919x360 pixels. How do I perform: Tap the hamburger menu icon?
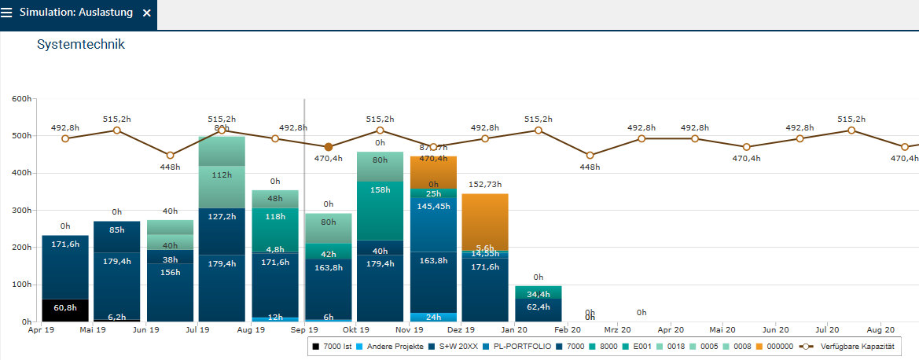coord(7,13)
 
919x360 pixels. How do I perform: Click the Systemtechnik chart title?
coord(81,45)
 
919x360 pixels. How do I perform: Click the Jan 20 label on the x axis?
coord(516,330)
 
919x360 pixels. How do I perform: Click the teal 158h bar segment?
coord(380,211)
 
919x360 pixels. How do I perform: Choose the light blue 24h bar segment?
coord(433,318)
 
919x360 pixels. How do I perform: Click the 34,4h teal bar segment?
coord(539,292)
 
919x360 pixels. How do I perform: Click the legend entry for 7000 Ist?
coord(336,346)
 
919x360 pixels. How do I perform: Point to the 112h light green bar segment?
coord(222,186)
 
